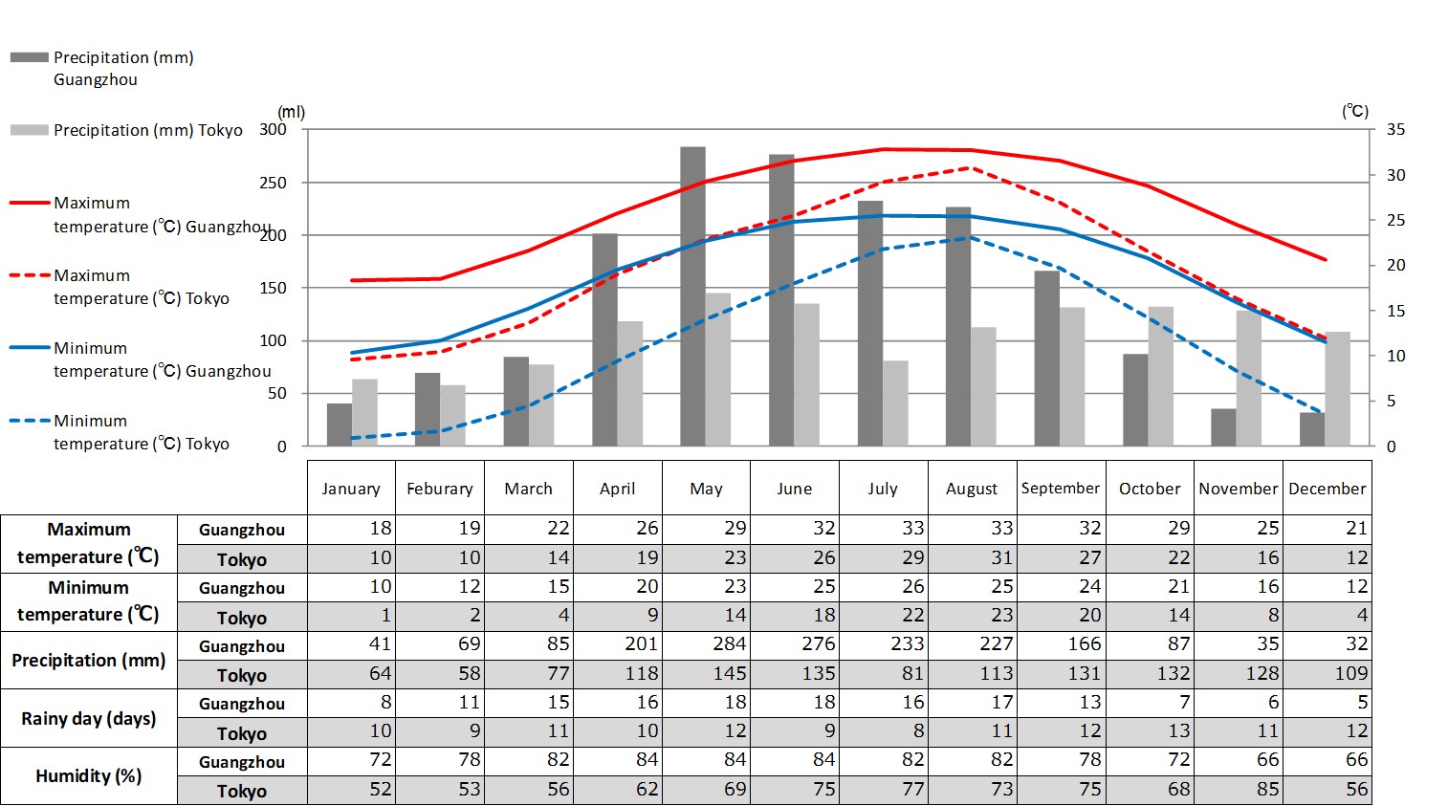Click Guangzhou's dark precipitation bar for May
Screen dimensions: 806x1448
point(692,296)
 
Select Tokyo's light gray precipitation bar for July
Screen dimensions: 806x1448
point(895,403)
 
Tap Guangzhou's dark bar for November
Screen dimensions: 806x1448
point(1223,427)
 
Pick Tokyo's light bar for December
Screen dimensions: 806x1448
point(1337,388)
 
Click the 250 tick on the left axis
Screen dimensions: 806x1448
point(273,183)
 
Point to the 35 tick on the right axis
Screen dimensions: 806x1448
point(1395,130)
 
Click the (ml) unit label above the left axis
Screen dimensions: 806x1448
point(291,112)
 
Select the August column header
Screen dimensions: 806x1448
point(971,489)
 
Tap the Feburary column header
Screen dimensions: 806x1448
point(440,489)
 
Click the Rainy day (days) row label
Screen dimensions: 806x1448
point(89,718)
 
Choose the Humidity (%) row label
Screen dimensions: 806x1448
point(89,775)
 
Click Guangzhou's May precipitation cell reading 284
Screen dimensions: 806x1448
point(707,644)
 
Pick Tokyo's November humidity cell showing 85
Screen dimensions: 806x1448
point(1239,790)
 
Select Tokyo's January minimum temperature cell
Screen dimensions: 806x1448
point(352,616)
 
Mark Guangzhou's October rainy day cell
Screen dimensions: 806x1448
point(1150,703)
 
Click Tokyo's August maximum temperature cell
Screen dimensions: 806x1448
point(971,557)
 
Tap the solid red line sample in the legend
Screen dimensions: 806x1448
point(29,203)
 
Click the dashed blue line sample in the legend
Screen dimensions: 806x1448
point(29,421)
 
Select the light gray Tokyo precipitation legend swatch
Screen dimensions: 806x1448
point(29,130)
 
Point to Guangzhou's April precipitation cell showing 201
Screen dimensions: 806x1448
point(618,644)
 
